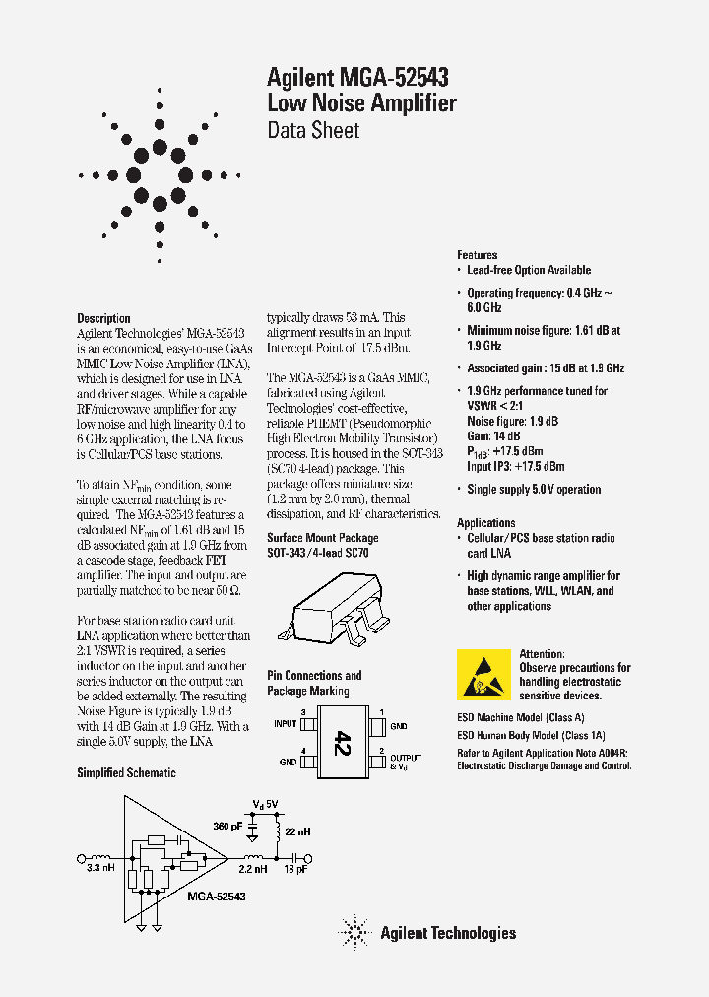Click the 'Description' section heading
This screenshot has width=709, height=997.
pos(103,318)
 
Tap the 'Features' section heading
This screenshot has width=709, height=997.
pos(478,255)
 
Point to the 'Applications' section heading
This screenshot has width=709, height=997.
pos(485,523)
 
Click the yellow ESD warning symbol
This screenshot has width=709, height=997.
pos(484,674)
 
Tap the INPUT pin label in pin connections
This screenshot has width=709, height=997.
pos(285,724)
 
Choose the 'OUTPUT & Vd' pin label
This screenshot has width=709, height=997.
pos(406,762)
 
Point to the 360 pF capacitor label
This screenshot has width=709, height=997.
pos(228,826)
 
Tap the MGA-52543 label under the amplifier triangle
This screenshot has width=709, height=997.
pos(216,897)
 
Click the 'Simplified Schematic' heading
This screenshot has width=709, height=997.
pos(126,773)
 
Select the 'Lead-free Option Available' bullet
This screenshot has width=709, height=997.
pos(529,270)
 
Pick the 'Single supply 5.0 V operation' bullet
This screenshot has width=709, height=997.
pos(533,490)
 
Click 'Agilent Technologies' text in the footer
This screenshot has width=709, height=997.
pos(448,933)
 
